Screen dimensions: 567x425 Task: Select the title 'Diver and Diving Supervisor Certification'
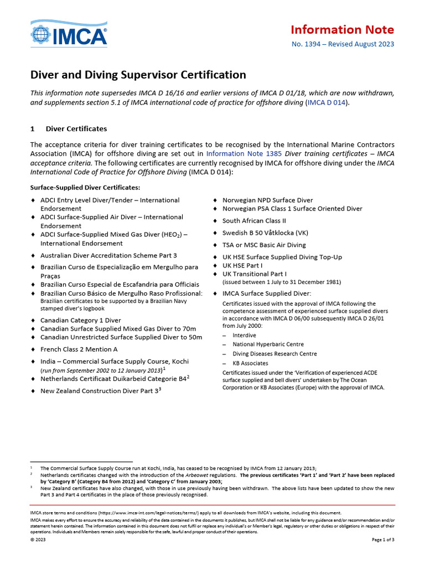[138, 75]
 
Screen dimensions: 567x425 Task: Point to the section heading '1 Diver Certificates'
[69, 128]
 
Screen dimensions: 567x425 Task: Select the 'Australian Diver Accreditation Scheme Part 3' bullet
[108, 255]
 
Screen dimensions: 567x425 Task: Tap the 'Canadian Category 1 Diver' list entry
[80, 320]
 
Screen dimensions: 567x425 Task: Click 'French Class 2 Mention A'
[79, 349]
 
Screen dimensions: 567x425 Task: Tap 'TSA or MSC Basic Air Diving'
[263, 245]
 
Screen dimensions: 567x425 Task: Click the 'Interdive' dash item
[244, 335]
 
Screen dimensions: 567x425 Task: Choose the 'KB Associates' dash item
[250, 363]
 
